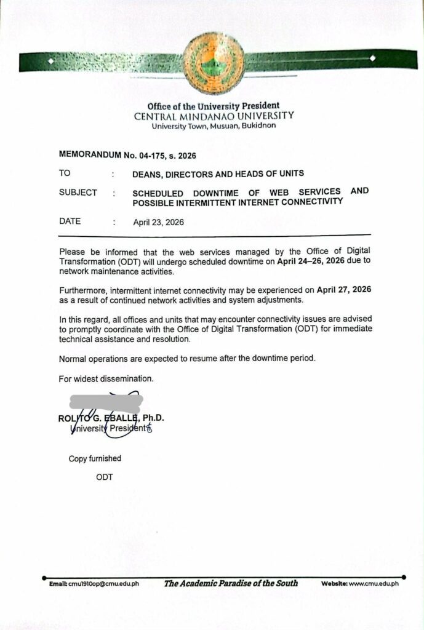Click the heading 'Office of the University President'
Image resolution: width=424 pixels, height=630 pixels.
click(214, 106)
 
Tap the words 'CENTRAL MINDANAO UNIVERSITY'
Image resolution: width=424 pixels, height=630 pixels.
click(214, 116)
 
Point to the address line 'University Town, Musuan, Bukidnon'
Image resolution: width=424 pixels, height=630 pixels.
click(214, 126)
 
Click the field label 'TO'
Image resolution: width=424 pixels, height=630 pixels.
click(65, 173)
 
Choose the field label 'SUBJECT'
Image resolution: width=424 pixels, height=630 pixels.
click(78, 193)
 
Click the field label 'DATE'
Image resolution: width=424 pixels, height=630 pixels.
click(70, 221)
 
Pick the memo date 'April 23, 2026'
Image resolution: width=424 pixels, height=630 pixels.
click(158, 222)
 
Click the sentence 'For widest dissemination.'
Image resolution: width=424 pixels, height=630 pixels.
click(97, 379)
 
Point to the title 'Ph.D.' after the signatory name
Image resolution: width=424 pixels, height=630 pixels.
click(153, 418)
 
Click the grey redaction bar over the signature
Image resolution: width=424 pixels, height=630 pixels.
click(106, 402)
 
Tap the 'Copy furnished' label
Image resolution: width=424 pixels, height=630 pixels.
click(95, 458)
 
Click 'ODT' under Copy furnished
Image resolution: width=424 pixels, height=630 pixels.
click(104, 477)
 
